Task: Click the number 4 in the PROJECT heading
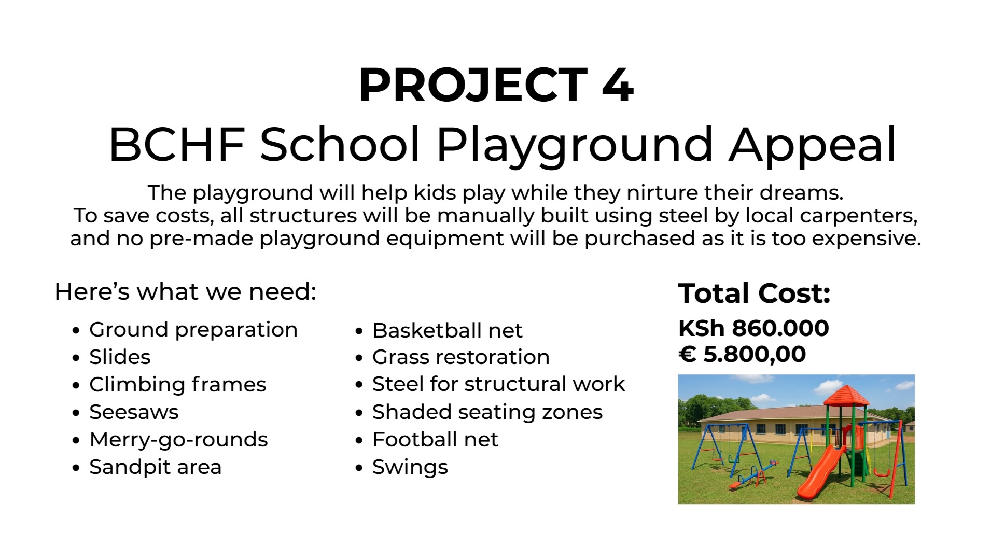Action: (618, 85)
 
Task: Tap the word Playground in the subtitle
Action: (575, 146)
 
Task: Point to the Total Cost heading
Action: (754, 293)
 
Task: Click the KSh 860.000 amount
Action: (753, 328)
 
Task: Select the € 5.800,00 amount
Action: (742, 354)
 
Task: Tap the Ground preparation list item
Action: (193, 330)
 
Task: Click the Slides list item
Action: (120, 357)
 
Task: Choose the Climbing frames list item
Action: (177, 385)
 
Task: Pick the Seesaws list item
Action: (134, 412)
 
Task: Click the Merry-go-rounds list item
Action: (178, 440)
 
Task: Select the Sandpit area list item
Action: (155, 468)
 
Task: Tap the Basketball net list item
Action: (448, 330)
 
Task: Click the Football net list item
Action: (435, 440)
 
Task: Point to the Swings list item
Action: (410, 468)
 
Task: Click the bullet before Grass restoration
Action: (359, 358)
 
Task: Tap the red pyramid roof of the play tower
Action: (846, 395)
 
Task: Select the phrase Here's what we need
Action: (185, 291)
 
